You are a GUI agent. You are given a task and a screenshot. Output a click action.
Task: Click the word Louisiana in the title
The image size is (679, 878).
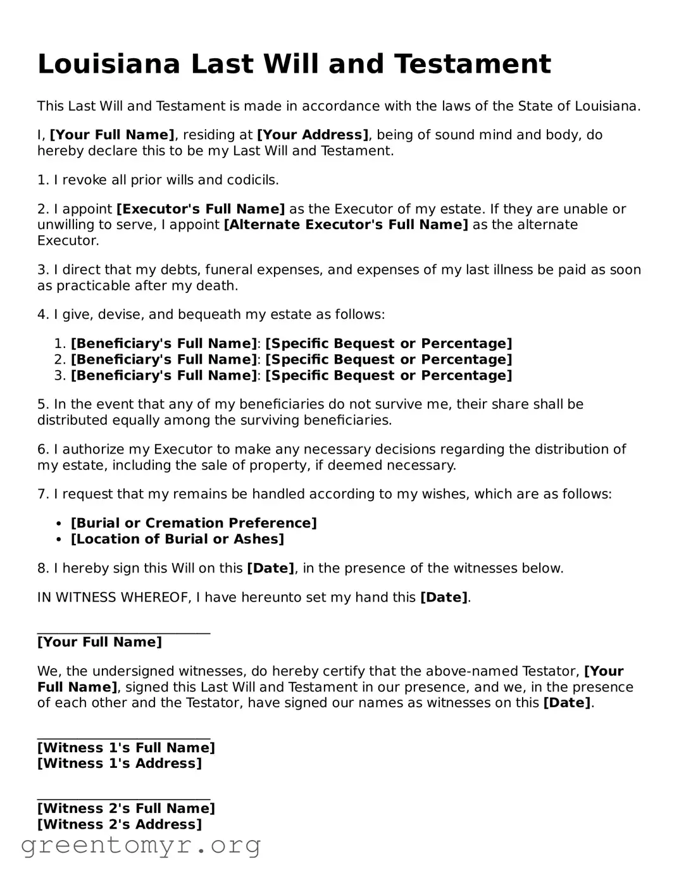tap(109, 65)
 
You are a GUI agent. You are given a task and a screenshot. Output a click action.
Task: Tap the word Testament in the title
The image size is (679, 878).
tap(472, 65)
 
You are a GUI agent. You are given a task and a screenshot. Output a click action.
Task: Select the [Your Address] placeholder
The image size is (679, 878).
tap(313, 135)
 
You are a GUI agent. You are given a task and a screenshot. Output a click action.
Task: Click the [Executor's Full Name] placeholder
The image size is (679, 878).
tap(201, 209)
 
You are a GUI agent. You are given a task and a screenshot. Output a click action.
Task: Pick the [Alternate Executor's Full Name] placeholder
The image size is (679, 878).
tap(346, 225)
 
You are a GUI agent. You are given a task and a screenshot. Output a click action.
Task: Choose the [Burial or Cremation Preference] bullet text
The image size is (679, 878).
tap(194, 523)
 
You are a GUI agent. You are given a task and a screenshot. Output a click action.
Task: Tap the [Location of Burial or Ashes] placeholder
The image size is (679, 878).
tap(177, 539)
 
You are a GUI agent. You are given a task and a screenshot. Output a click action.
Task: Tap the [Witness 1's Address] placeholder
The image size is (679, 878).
tap(120, 764)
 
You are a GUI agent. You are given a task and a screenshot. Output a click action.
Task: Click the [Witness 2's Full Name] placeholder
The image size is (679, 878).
tap(126, 808)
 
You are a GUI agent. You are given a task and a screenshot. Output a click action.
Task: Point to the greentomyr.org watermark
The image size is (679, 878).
tap(140, 846)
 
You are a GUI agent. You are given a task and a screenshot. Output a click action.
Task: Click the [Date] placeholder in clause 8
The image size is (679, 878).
tap(270, 568)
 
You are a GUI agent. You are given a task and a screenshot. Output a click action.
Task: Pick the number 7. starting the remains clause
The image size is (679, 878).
tap(43, 494)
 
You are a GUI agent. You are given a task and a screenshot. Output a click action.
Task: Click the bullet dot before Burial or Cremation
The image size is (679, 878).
tap(59, 524)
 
